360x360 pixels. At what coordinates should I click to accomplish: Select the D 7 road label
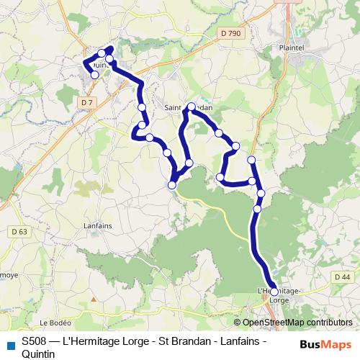click(x=87, y=102)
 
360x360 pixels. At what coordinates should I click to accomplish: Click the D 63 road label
click(x=20, y=232)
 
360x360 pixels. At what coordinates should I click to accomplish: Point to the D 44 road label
click(x=342, y=277)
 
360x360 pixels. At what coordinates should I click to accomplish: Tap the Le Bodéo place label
click(x=53, y=322)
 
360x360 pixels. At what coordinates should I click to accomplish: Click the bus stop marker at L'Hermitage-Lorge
click(x=274, y=292)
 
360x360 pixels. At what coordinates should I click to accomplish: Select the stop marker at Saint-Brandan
click(x=191, y=107)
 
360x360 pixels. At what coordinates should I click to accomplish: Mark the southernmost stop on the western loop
click(x=172, y=186)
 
